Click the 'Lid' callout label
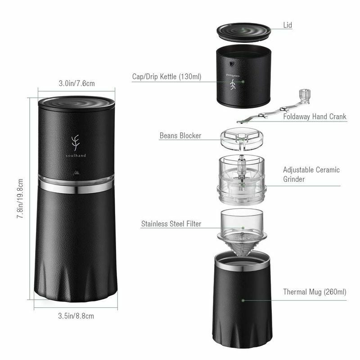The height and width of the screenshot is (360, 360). pyautogui.click(x=288, y=25)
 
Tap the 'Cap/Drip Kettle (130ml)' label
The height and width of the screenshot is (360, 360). pyautogui.click(x=166, y=76)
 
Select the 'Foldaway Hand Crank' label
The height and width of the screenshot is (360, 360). pyautogui.click(x=315, y=117)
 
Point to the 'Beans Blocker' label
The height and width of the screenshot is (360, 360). pyautogui.click(x=180, y=135)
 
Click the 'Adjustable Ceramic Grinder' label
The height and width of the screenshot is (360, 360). pyautogui.click(x=311, y=175)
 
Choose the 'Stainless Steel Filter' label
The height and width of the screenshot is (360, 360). pyautogui.click(x=171, y=224)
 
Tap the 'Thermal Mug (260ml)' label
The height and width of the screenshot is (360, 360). pyautogui.click(x=315, y=292)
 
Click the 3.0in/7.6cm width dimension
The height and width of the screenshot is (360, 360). pyautogui.click(x=76, y=83)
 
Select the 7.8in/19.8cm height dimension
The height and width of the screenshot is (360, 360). pyautogui.click(x=20, y=198)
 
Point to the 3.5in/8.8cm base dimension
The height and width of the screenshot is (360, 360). pyautogui.click(x=76, y=316)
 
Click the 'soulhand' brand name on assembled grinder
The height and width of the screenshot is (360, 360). pyautogui.click(x=76, y=155)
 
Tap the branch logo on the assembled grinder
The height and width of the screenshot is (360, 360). pyautogui.click(x=75, y=143)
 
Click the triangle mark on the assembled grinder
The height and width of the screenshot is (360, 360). pyautogui.click(x=76, y=172)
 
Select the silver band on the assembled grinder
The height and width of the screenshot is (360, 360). pyautogui.click(x=76, y=187)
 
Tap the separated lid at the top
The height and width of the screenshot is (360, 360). pyautogui.click(x=243, y=32)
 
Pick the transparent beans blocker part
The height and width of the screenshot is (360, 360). pyautogui.click(x=242, y=139)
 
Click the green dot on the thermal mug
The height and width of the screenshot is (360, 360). pyautogui.click(x=243, y=300)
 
